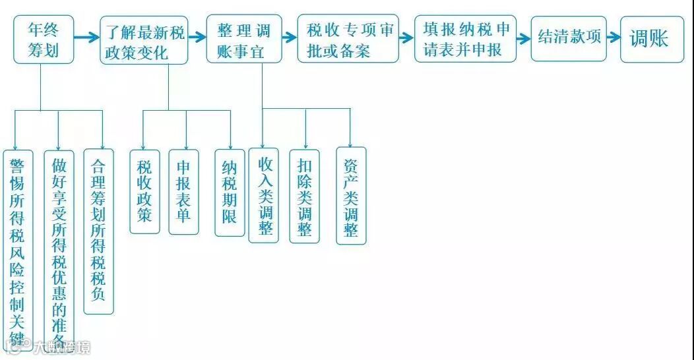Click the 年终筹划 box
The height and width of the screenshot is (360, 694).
tap(44, 40)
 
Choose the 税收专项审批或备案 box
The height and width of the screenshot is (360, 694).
tap(348, 39)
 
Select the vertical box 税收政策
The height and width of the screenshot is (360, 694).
tap(144, 191)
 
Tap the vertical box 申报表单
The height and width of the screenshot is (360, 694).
tap(184, 191)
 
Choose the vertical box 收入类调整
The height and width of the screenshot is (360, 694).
tap(264, 195)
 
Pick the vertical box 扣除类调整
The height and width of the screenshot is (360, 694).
tap(305, 196)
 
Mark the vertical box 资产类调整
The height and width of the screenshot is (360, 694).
tap(351, 196)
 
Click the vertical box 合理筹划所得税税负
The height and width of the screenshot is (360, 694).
tap(98, 231)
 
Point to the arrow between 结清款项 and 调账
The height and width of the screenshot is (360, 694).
tap(614, 38)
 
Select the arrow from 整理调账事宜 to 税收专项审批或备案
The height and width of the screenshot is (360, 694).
tap(290, 38)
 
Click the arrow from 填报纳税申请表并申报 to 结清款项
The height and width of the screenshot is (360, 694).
tap(524, 38)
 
